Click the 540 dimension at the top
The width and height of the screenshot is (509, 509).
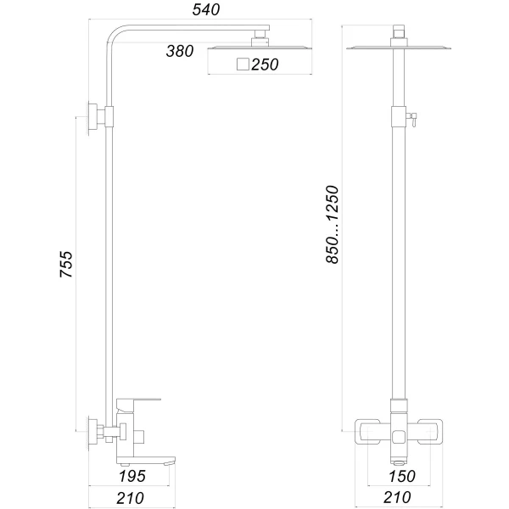(x=205, y=10)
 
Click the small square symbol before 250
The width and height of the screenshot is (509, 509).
(x=243, y=64)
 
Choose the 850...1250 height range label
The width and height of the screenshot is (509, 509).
(x=333, y=224)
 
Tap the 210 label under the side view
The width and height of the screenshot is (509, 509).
(x=130, y=498)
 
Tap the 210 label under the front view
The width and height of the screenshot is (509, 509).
(x=396, y=498)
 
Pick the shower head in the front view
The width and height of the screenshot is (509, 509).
(x=397, y=48)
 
